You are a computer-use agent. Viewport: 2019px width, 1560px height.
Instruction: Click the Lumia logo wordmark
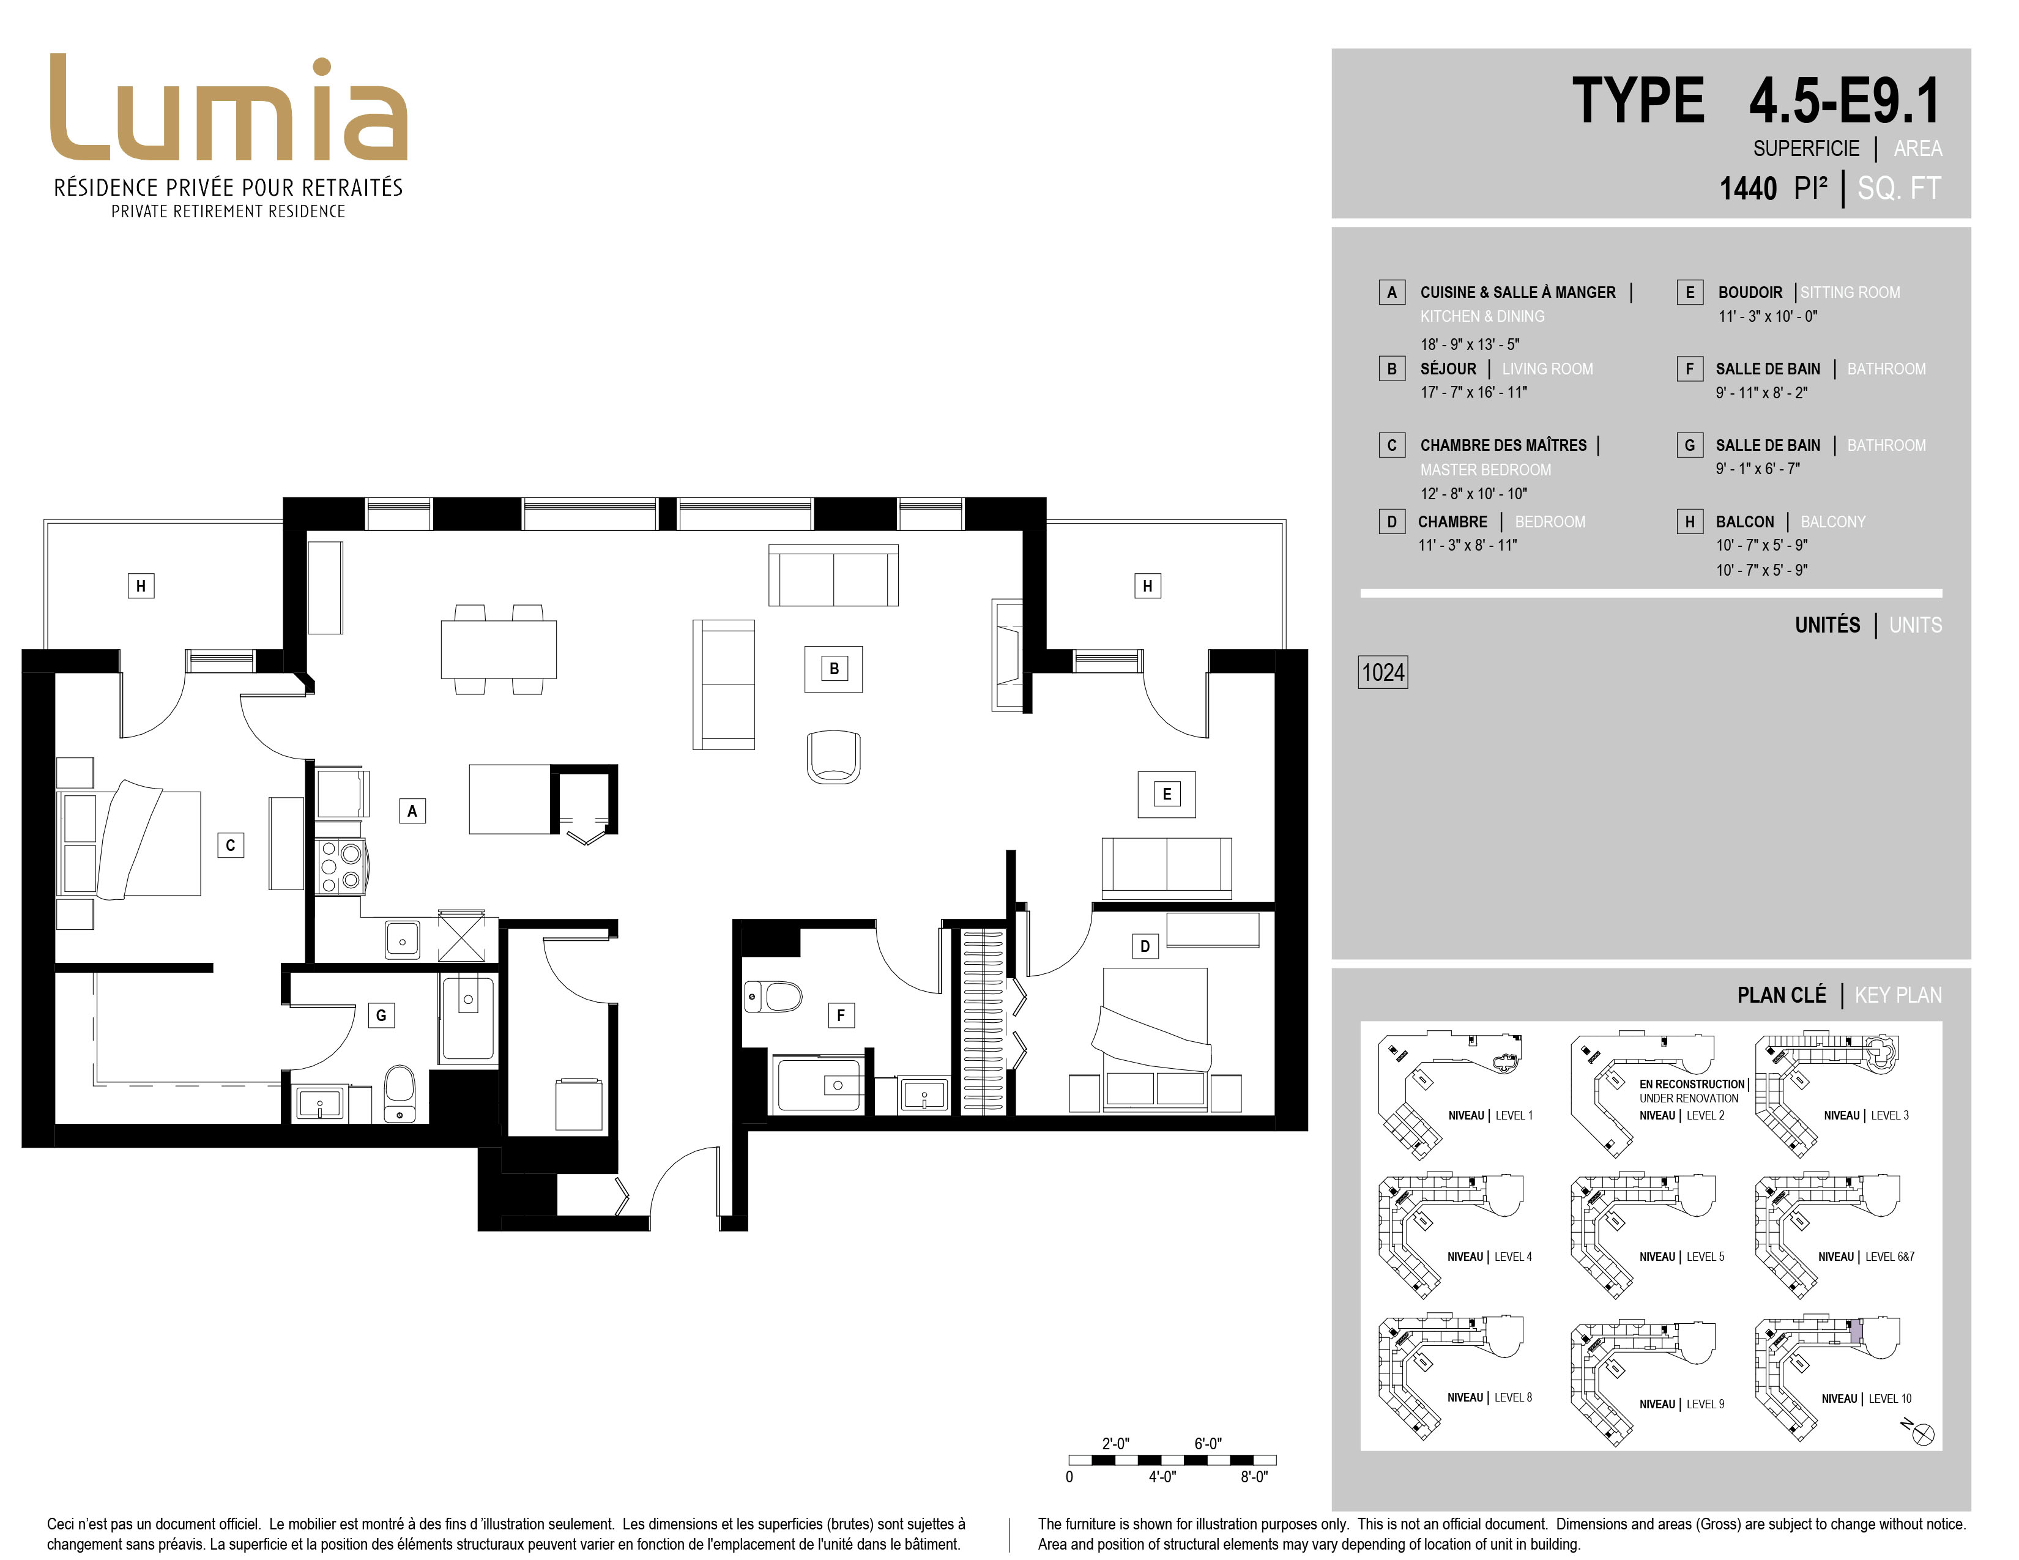pyautogui.click(x=228, y=108)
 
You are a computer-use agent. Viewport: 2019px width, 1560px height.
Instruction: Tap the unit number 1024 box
pyautogui.click(x=1383, y=672)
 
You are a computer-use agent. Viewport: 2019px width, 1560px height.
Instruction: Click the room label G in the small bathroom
pyautogui.click(x=381, y=1016)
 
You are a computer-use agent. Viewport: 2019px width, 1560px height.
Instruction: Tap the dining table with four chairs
pyautogui.click(x=499, y=648)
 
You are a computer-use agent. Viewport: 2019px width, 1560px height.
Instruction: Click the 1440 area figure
pyautogui.click(x=1748, y=188)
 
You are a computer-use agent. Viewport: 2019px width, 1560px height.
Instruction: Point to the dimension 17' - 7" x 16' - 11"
pyautogui.click(x=1474, y=393)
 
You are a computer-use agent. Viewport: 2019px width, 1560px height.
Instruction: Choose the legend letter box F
pyautogui.click(x=1690, y=369)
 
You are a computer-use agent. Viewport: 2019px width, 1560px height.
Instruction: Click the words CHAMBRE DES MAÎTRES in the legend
pyautogui.click(x=1503, y=445)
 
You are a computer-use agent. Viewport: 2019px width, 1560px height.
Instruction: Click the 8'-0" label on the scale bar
pyautogui.click(x=1254, y=1477)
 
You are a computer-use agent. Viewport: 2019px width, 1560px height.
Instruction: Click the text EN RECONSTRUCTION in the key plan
pyautogui.click(x=1692, y=1084)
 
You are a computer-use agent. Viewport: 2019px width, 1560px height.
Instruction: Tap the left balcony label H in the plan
pyautogui.click(x=141, y=586)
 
